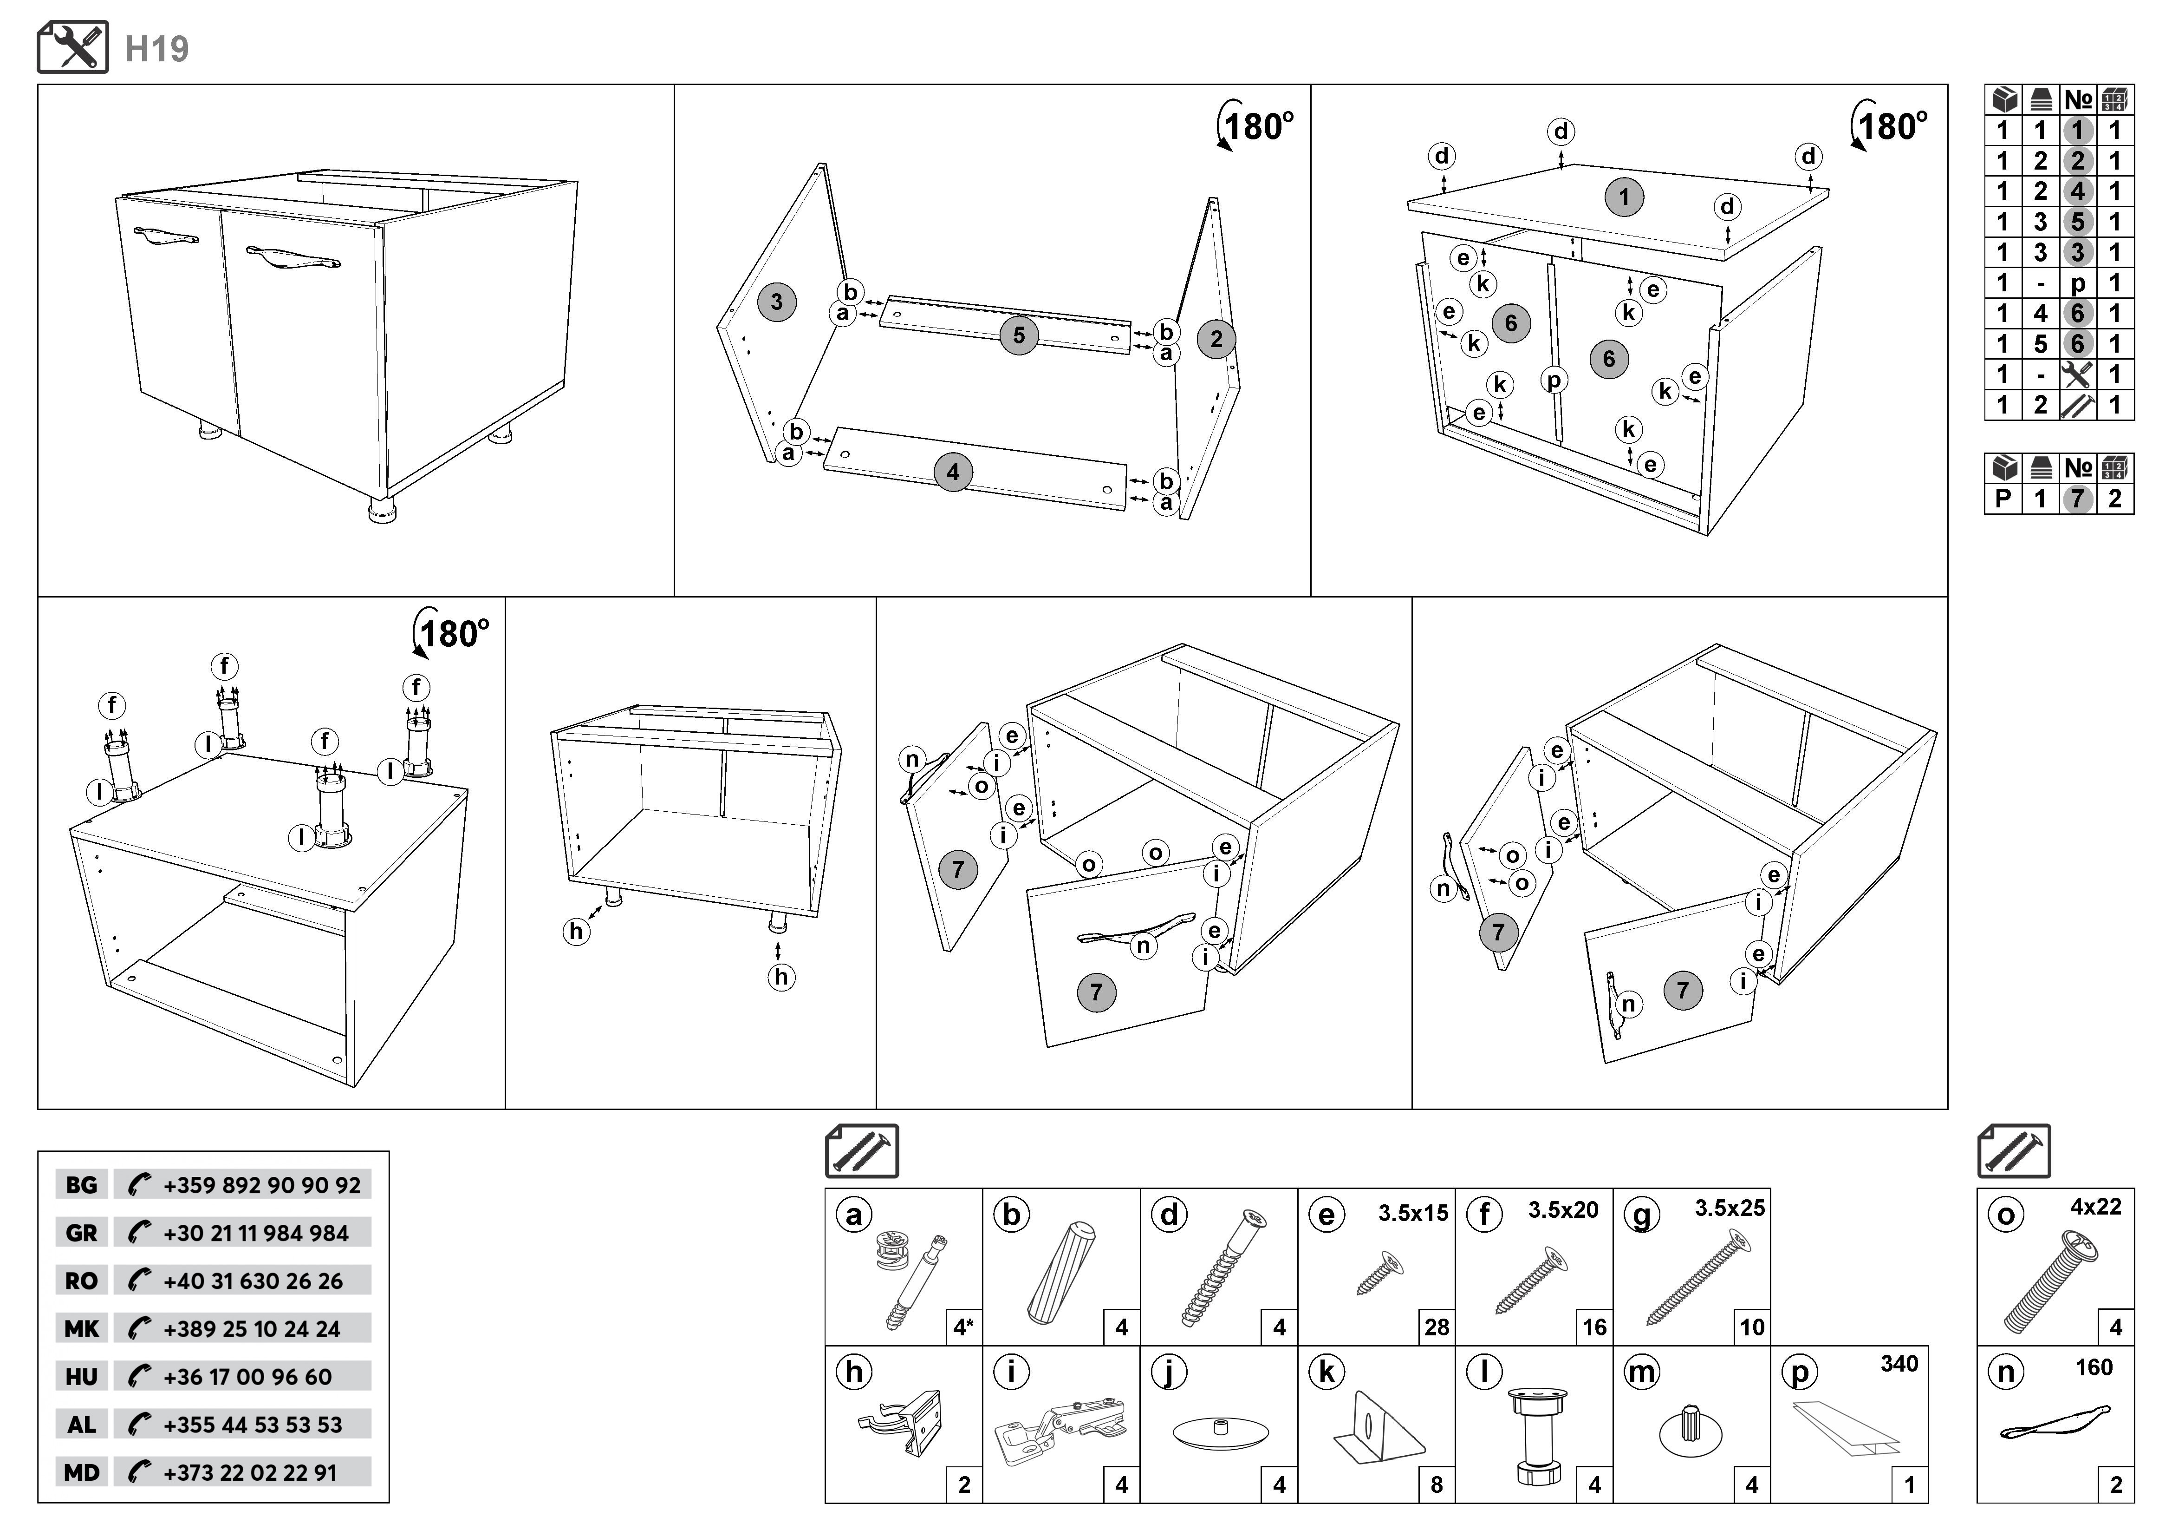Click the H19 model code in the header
coord(157,49)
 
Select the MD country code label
coord(81,1472)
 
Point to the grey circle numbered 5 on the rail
coord(1019,335)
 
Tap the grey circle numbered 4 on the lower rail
coord(953,472)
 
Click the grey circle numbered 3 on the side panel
coord(777,302)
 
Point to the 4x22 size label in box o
coord(2095,1207)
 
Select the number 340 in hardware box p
coord(1899,1364)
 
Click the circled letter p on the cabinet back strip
coord(1554,381)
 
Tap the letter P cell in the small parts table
coord(2003,499)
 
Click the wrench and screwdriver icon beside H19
coord(73,47)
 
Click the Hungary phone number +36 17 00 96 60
coord(248,1377)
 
